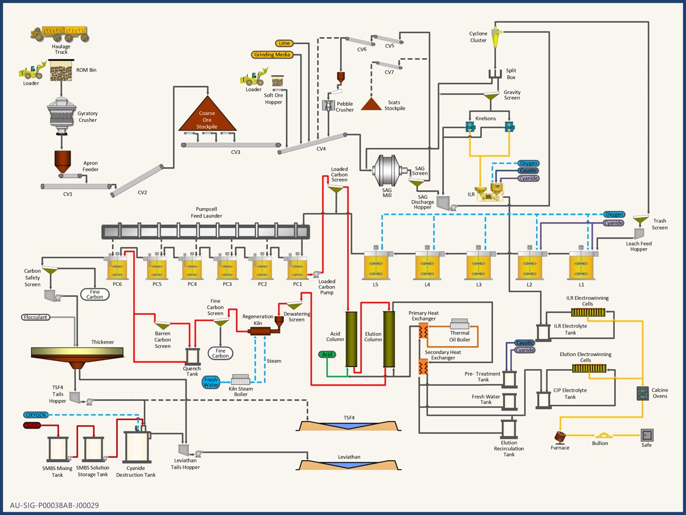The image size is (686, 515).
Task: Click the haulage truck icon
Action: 60,33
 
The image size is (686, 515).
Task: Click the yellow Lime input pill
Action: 284,43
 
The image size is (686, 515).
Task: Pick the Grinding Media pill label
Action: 272,55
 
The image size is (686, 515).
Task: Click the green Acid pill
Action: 326,354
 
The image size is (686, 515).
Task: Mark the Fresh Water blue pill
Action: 211,382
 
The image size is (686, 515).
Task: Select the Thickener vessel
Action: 77,354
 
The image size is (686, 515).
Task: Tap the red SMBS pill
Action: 32,425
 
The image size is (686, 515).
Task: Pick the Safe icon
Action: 646,435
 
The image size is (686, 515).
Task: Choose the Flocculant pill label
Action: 36,317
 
